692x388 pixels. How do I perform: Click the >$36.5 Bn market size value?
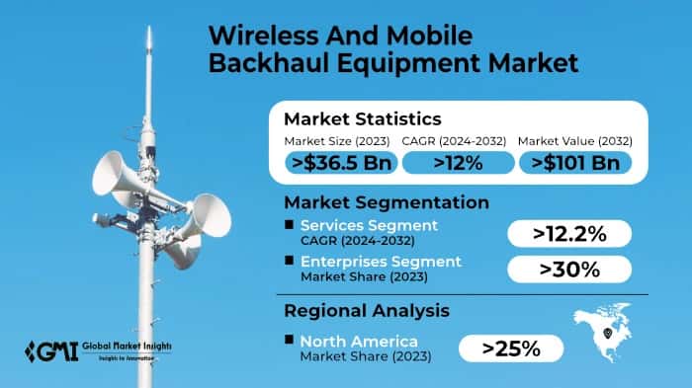(x=341, y=164)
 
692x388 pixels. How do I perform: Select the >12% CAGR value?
(x=458, y=164)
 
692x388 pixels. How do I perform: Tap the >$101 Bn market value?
(x=575, y=164)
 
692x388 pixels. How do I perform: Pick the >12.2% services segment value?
(x=568, y=234)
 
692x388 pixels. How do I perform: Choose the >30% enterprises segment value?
(x=568, y=269)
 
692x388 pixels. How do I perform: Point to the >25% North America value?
(x=511, y=348)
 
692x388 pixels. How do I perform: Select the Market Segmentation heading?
(x=387, y=202)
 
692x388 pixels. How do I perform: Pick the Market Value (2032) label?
(x=576, y=142)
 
